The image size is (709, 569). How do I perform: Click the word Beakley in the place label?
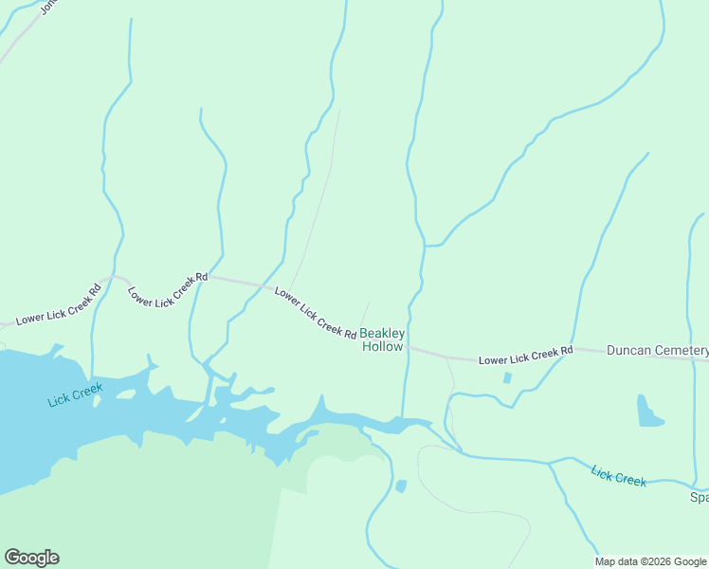[x=382, y=334]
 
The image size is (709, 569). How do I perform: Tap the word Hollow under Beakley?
[x=382, y=347]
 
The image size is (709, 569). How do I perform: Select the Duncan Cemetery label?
[x=657, y=350]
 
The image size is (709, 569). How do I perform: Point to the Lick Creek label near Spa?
[x=618, y=475]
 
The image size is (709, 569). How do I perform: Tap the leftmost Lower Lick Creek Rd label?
[x=58, y=305]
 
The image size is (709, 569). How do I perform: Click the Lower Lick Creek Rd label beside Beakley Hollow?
[x=315, y=313]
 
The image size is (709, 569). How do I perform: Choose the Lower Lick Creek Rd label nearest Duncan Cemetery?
[x=525, y=356]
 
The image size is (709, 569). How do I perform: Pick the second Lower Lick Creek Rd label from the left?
[x=167, y=289]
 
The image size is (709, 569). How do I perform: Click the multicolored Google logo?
[x=31, y=558]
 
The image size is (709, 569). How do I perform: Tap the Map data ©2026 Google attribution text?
[x=650, y=561]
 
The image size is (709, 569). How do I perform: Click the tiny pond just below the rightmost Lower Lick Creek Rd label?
[x=507, y=377]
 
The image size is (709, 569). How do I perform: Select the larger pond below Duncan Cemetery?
[x=648, y=412]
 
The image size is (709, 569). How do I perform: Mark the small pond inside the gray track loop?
[x=401, y=486]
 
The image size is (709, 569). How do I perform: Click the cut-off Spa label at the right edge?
[x=699, y=497]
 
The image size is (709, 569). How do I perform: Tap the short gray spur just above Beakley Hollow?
[x=365, y=311]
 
